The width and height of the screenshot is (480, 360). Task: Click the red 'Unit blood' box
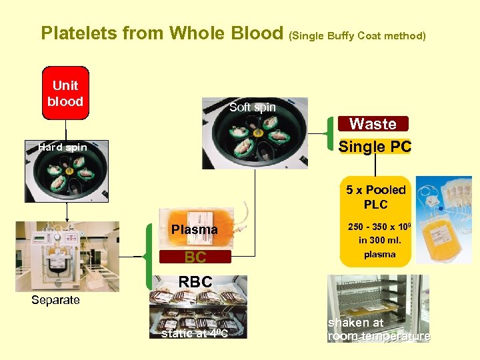[65, 93]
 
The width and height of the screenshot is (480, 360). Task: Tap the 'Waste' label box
[373, 123]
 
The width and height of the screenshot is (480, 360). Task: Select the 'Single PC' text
[375, 147]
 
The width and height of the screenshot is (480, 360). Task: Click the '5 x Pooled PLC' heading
[375, 197]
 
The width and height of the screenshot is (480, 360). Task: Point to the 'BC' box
[195, 257]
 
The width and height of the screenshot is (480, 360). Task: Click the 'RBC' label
[195, 282]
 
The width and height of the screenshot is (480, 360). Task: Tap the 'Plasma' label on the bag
[194, 229]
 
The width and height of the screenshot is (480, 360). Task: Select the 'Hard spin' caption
[63, 147]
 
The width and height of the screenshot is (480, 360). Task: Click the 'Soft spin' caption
[252, 107]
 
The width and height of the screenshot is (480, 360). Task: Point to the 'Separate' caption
[55, 300]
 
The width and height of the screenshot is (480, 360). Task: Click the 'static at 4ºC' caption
[195, 333]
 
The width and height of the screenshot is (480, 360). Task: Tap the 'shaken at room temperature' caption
[379, 329]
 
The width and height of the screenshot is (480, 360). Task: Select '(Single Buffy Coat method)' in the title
[357, 35]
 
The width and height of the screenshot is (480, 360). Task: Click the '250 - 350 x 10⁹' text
[377, 227]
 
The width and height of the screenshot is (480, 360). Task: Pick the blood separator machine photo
[67, 256]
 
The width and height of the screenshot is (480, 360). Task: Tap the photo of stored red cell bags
[197, 313]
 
